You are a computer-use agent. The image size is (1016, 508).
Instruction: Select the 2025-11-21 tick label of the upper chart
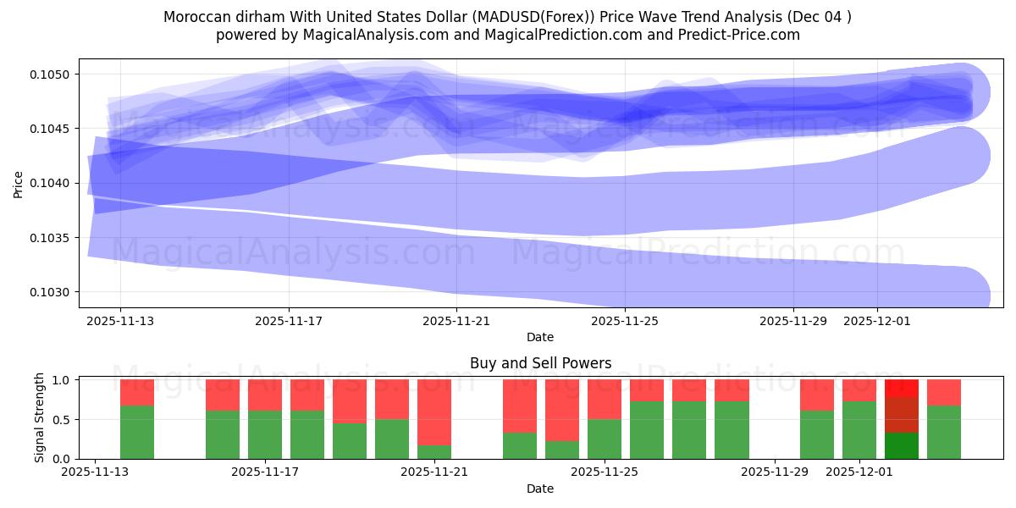click(x=456, y=322)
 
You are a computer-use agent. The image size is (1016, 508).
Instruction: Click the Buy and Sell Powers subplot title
click(x=540, y=363)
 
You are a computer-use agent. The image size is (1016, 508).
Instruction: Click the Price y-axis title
click(x=18, y=183)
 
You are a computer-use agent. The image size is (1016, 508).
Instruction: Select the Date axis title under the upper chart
click(x=540, y=337)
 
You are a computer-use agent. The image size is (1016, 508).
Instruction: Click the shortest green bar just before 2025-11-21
click(x=434, y=452)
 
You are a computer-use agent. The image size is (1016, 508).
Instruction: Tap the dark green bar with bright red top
click(x=902, y=445)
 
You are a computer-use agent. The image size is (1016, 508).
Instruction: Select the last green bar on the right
click(x=944, y=432)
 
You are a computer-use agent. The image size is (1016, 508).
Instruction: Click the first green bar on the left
click(x=137, y=432)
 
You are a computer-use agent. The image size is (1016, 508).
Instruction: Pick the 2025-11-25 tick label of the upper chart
click(x=625, y=322)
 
